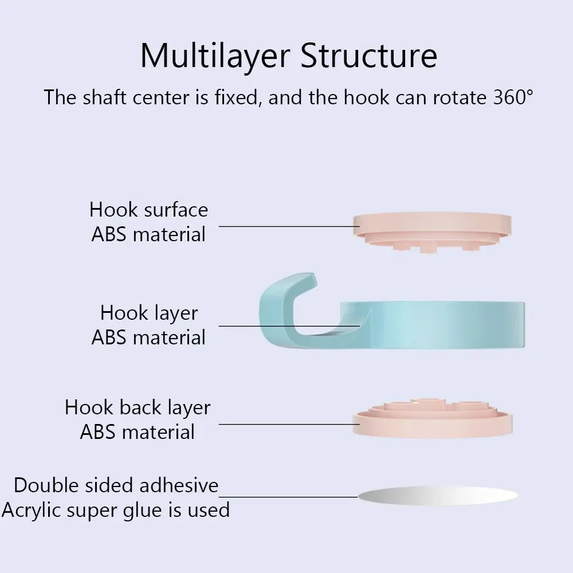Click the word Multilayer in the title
(215, 56)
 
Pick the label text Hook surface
(148, 210)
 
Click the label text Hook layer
(148, 313)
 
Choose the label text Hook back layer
(138, 407)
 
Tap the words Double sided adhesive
(116, 485)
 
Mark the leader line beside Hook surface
(289, 226)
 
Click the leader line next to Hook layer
(289, 326)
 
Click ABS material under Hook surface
(148, 234)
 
